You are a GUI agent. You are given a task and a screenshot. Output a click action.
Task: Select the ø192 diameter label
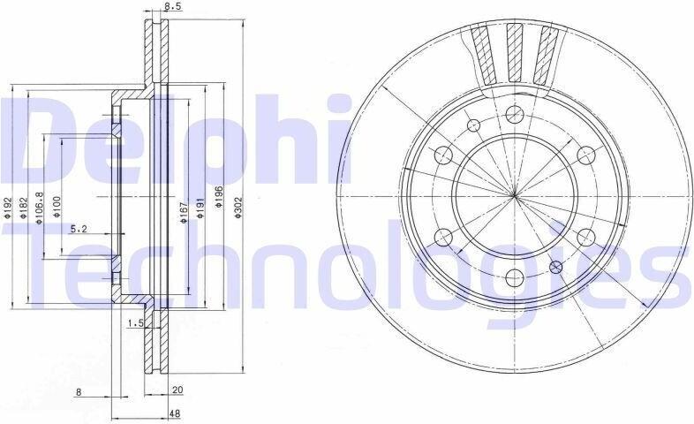click(7, 208)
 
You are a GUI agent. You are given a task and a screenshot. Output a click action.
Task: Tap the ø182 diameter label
click(24, 208)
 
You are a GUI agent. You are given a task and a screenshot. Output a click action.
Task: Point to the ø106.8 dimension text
click(40, 208)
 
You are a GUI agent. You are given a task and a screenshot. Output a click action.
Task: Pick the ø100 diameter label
click(57, 208)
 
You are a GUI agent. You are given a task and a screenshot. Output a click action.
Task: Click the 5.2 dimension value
click(79, 229)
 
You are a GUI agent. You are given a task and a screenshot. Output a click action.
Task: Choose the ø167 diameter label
click(185, 212)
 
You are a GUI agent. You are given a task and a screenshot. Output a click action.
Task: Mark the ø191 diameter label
click(200, 208)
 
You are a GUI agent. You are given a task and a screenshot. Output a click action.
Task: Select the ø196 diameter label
click(218, 196)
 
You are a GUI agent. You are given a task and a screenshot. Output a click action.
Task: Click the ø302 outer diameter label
click(238, 208)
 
